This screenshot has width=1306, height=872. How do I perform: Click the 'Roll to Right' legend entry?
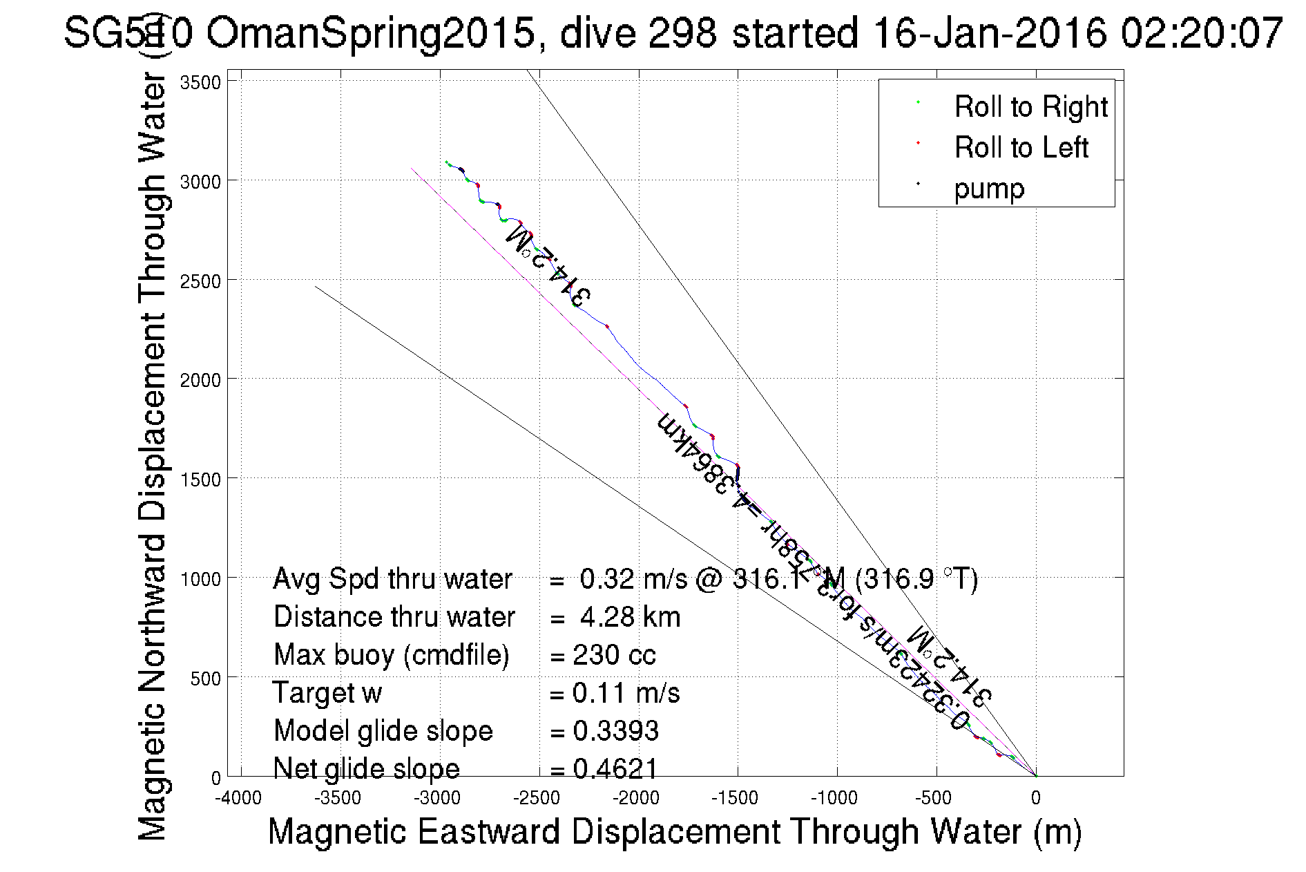(x=1030, y=107)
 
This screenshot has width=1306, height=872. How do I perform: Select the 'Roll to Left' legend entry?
(x=1021, y=148)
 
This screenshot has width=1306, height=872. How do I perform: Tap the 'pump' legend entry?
(x=989, y=189)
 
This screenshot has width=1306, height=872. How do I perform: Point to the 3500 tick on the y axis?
(x=200, y=83)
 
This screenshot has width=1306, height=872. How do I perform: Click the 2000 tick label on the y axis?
(x=200, y=380)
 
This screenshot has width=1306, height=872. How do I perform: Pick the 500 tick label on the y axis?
(x=205, y=679)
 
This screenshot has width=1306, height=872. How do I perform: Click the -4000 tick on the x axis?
(x=238, y=799)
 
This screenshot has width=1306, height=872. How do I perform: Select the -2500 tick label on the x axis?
(x=537, y=799)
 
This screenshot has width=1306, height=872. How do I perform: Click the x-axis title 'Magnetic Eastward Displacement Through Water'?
(x=673, y=831)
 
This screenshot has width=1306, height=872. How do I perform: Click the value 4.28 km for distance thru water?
(x=630, y=617)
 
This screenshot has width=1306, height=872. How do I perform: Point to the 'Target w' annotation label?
(x=327, y=693)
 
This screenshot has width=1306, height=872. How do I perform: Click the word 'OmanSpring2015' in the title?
(x=371, y=32)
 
